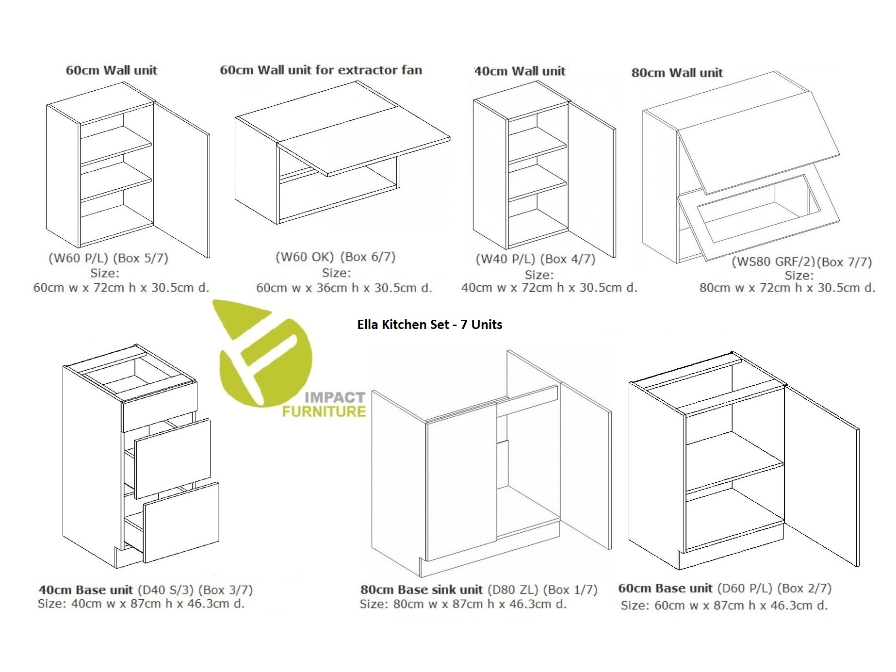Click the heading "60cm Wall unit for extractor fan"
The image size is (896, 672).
[321, 70]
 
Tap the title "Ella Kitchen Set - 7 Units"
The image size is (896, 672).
[430, 325]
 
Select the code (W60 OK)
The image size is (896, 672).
[305, 257]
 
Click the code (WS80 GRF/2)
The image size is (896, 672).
[773, 262]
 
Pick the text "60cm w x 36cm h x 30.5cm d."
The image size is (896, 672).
[344, 288]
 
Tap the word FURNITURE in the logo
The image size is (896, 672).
[324, 412]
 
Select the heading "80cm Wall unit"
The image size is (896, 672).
[677, 73]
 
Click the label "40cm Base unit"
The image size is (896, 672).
[85, 590]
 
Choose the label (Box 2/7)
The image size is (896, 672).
[804, 588]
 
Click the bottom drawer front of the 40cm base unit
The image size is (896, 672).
[181, 522]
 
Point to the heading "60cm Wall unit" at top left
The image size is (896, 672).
[112, 70]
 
